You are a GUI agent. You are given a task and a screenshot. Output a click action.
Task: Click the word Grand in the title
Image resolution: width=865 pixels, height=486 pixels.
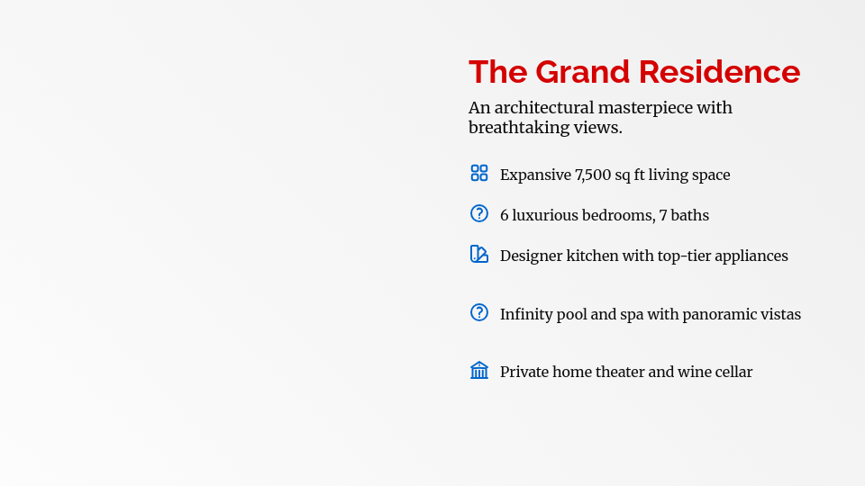pos(583,72)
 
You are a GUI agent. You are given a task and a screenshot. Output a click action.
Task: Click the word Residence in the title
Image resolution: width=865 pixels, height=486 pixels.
pos(720,72)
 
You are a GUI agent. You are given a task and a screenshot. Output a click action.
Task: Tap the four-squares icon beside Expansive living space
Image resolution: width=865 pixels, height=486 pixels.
pos(479,173)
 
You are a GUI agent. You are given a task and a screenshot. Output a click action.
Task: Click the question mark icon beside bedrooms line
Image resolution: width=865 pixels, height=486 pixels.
pos(479,213)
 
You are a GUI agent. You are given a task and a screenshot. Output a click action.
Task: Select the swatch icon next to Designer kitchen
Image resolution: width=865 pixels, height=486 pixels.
pos(479,254)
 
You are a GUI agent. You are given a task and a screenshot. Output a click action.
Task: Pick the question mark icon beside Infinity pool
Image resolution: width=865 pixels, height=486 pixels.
pos(479,312)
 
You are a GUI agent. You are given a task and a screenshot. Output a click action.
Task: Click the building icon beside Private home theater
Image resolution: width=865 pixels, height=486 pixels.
pos(479,370)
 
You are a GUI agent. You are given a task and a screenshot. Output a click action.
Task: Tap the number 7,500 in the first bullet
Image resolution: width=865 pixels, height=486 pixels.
pos(593,175)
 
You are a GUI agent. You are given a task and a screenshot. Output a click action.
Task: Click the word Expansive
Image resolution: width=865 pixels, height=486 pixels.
pos(535,175)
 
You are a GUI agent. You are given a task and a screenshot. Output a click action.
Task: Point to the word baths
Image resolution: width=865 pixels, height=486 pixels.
pos(689,215)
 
